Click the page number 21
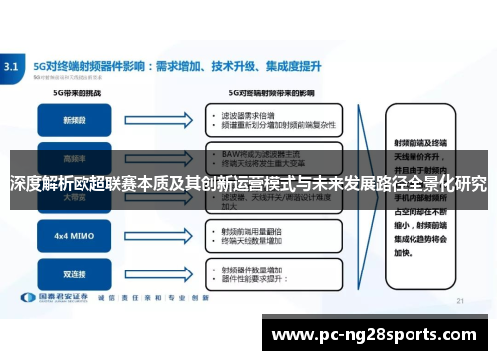[x=459, y=299]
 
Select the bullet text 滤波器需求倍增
[x=249, y=115]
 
